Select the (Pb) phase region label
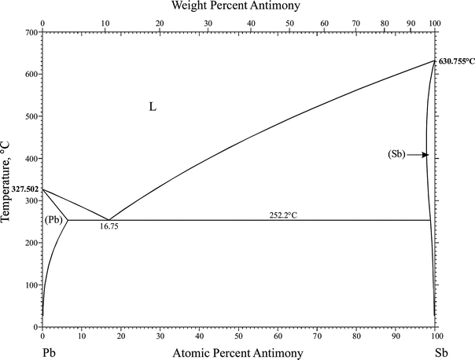(54, 220)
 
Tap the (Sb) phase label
(396, 155)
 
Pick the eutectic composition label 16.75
(109, 226)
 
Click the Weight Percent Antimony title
(237, 7)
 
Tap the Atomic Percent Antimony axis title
(237, 354)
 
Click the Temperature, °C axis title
(7, 179)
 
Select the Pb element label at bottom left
(49, 354)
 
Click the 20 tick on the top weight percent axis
(160, 24)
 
